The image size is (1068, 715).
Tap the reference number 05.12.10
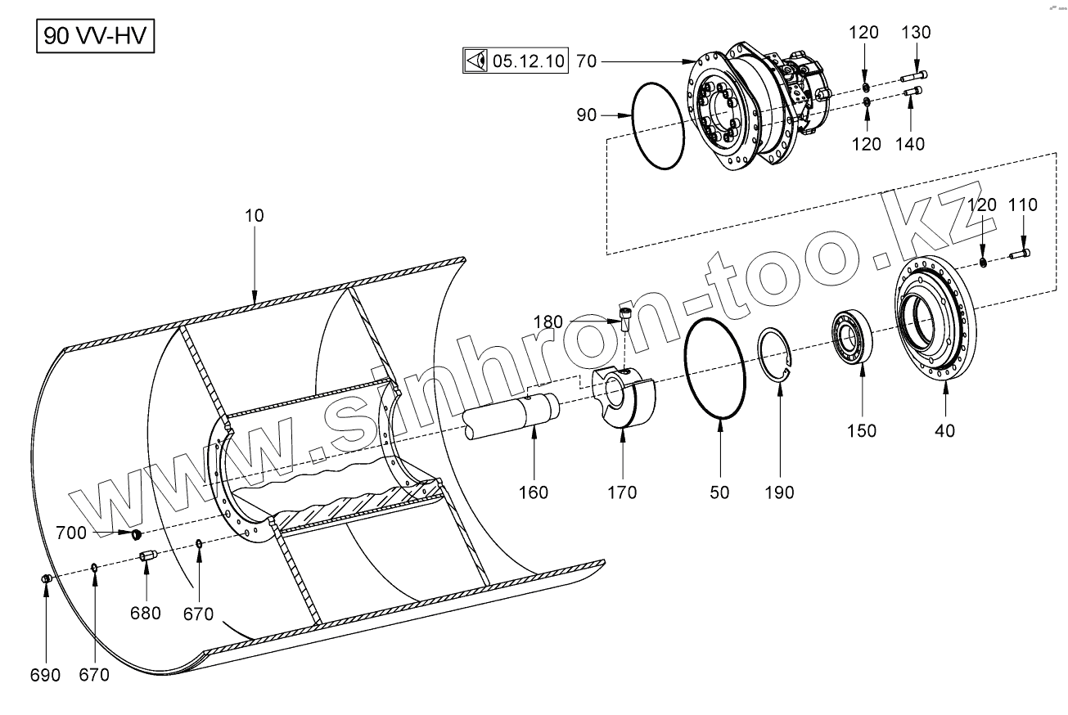pyautogui.click(x=528, y=61)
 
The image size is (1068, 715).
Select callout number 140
pyautogui.click(x=910, y=144)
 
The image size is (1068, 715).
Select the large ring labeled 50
pyautogui.click(x=715, y=368)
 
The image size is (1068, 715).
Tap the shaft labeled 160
pyautogui.click(x=512, y=416)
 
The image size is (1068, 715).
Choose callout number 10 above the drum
pyautogui.click(x=255, y=216)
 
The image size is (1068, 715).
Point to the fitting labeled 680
pyautogui.click(x=148, y=557)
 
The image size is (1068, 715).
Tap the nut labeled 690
pyautogui.click(x=47, y=579)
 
